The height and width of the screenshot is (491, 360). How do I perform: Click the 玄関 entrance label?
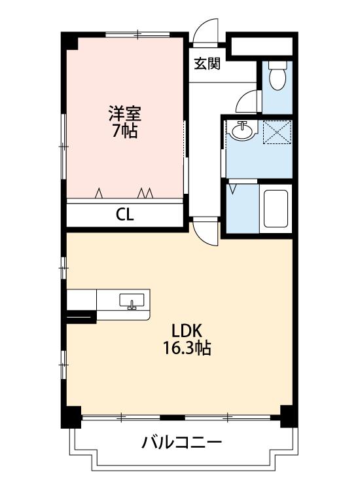click(x=207, y=64)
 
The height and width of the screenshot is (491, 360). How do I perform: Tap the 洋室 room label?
click(x=125, y=114)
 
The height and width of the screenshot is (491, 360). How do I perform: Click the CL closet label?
click(x=125, y=215)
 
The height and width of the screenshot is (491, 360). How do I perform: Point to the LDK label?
click(x=187, y=331)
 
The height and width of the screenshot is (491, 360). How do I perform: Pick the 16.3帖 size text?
click(x=187, y=348)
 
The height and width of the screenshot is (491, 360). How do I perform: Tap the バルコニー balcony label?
click(x=182, y=443)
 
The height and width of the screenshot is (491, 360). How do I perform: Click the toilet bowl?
click(x=278, y=75)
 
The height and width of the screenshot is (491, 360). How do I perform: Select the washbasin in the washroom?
click(x=242, y=130)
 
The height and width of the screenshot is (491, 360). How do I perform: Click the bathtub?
click(x=276, y=209)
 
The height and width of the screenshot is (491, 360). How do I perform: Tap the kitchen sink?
click(x=132, y=301)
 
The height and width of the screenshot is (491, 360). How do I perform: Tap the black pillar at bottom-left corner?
click(x=71, y=416)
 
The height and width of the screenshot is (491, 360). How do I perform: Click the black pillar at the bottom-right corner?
click(x=289, y=416)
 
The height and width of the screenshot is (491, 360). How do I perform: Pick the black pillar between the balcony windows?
click(x=172, y=418)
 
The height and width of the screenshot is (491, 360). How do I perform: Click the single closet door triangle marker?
click(x=99, y=193)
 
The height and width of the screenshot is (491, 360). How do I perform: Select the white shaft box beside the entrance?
click(x=262, y=46)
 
